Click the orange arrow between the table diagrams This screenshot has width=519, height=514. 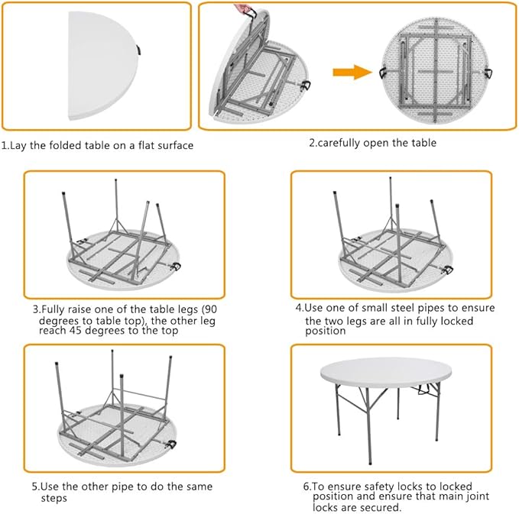click(354, 72)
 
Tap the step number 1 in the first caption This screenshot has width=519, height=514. click(4, 145)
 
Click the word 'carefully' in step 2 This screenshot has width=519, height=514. click(342, 143)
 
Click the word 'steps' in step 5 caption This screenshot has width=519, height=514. click(54, 498)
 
